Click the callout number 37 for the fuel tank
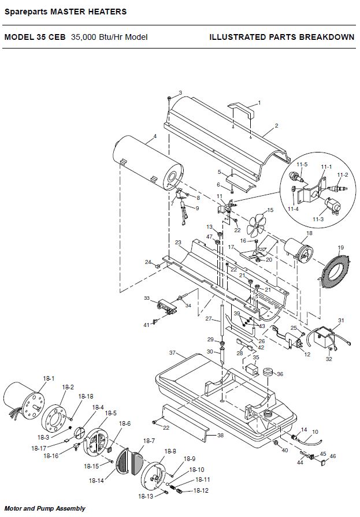point(172,353)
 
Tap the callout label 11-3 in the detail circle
point(318,219)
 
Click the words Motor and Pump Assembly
point(45,508)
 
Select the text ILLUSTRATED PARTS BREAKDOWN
point(282,37)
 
